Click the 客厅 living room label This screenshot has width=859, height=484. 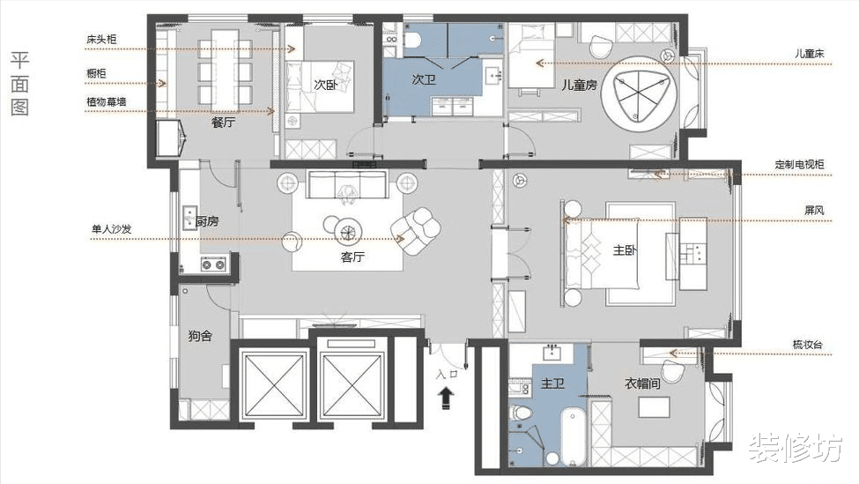(352, 257)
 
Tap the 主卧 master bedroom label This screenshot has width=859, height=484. (625, 250)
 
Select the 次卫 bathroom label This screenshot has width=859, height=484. (424, 79)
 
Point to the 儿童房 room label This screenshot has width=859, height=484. (579, 85)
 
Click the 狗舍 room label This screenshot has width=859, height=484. (200, 336)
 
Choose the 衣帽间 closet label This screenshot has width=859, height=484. (642, 383)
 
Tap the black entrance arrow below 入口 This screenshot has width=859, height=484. (447, 398)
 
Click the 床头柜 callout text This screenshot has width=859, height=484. (101, 40)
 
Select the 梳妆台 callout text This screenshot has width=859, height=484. (808, 345)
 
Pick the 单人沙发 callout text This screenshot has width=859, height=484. (112, 229)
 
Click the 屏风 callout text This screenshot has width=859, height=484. (814, 211)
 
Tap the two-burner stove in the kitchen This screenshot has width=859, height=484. (213, 264)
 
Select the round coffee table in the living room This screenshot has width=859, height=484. (348, 233)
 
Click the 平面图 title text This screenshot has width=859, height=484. (19, 84)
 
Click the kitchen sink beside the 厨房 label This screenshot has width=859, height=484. (189, 217)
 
